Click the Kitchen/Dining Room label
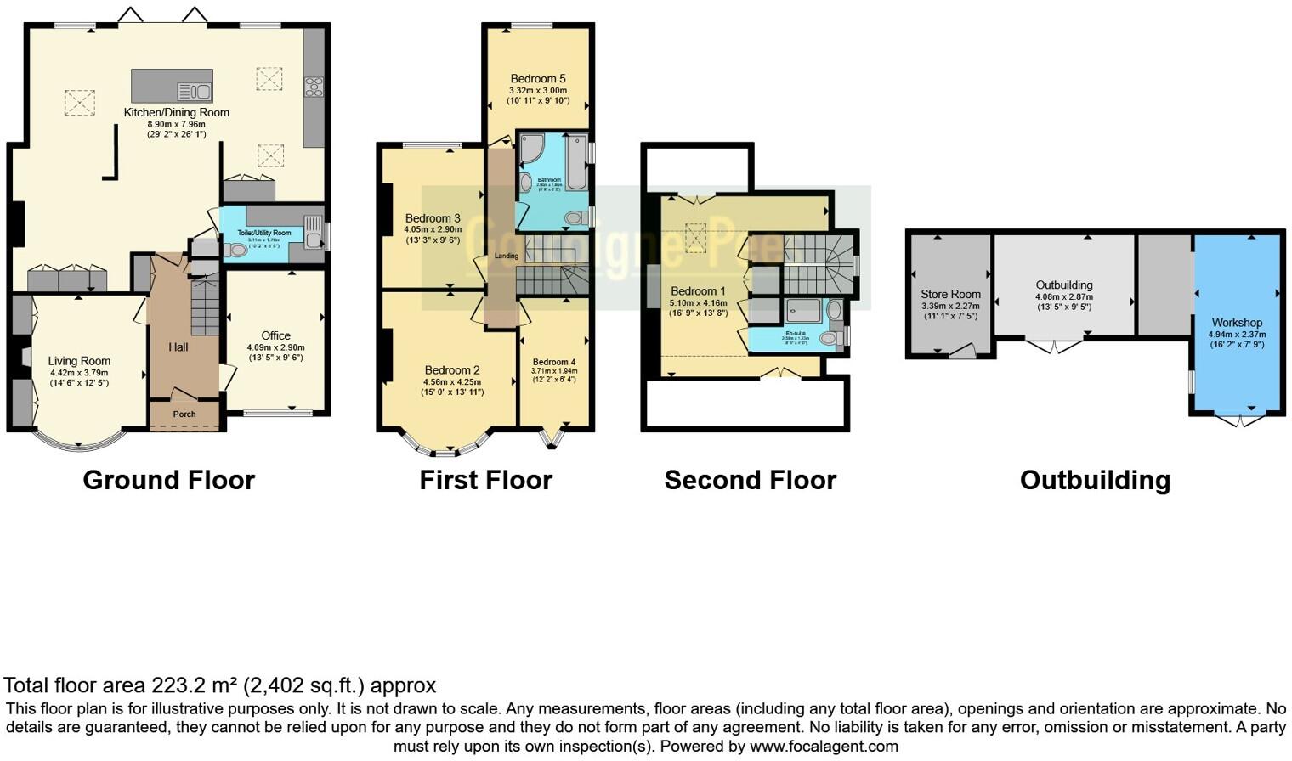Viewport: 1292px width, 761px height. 176,112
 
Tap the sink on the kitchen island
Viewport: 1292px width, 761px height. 195,91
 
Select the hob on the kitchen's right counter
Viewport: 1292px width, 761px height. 314,85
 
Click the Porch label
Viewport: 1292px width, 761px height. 184,414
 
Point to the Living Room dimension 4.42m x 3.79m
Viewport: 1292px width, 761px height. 79,373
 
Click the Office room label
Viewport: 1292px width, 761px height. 275,335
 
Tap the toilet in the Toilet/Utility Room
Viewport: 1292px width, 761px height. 235,251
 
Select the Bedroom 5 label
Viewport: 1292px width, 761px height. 537,78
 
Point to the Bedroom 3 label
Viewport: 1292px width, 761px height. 433,218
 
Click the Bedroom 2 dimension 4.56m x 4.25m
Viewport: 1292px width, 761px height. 452,382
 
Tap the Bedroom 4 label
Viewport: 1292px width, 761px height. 554,362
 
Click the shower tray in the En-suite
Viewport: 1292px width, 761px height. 802,310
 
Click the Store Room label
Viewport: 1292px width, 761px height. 950,294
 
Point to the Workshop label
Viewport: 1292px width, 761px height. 1237,323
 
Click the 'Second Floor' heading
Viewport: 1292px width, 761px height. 750,480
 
